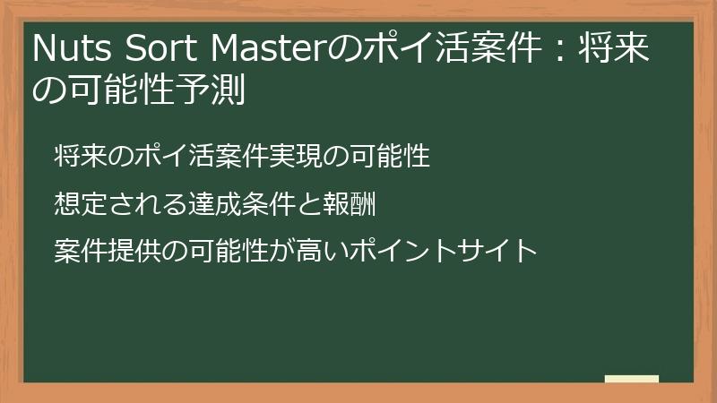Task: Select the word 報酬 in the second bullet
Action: tap(347, 204)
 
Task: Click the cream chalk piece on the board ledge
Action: tap(631, 379)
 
